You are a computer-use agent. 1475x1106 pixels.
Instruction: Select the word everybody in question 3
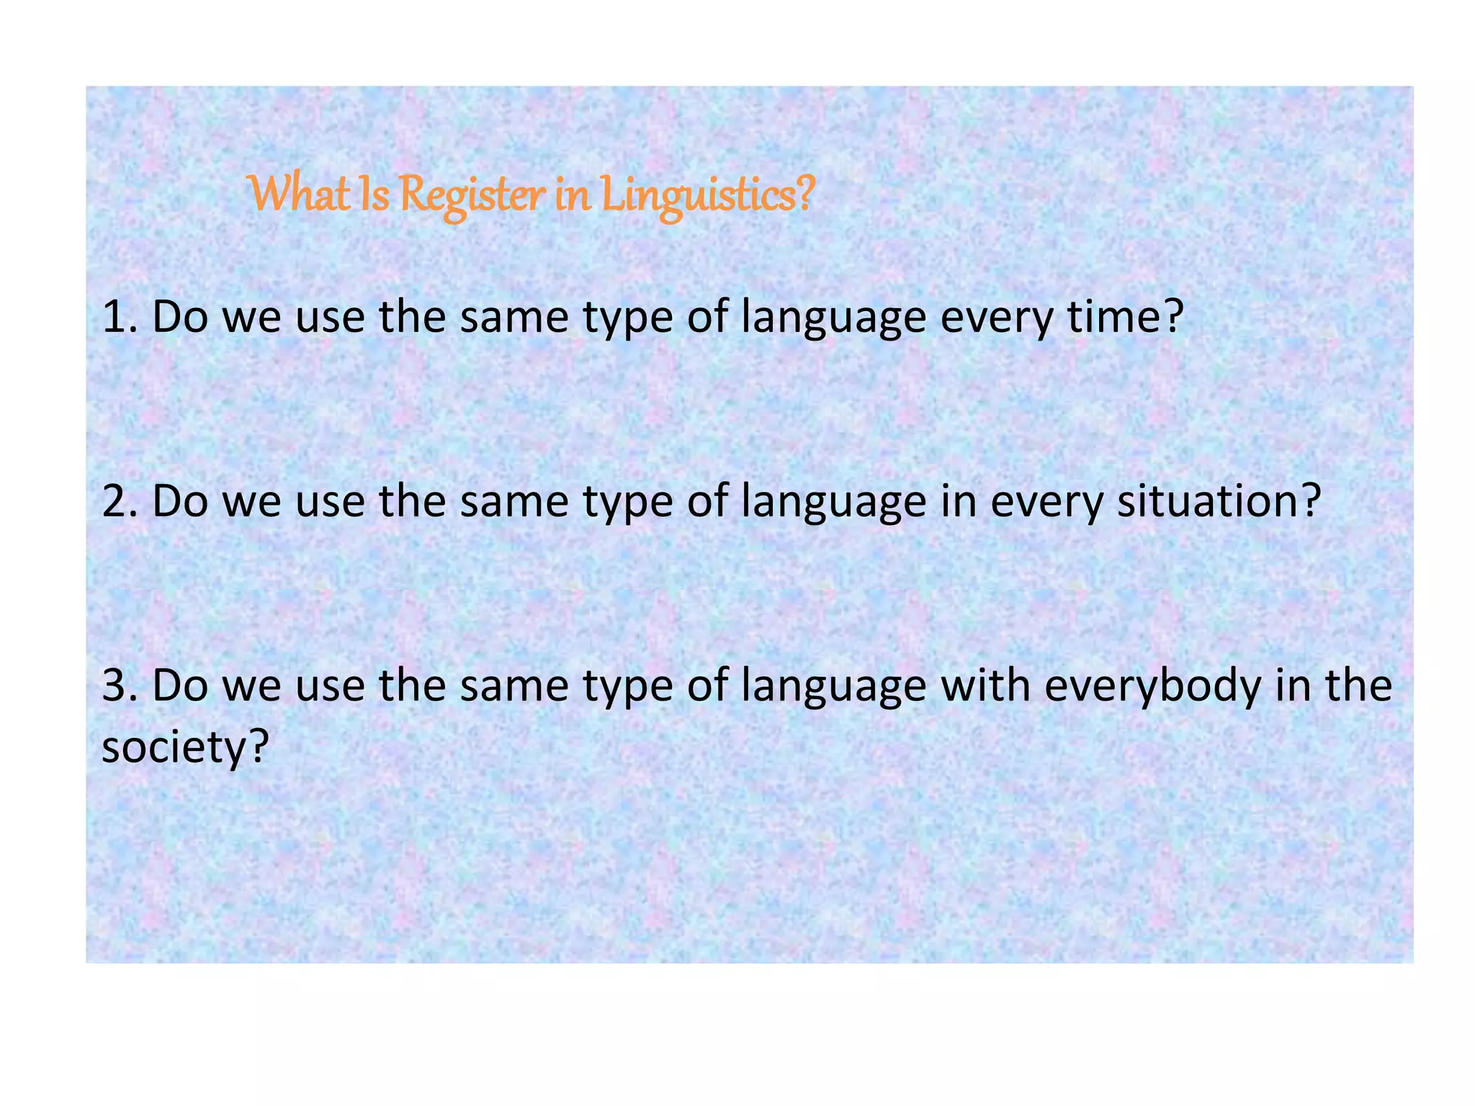(1153, 686)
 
